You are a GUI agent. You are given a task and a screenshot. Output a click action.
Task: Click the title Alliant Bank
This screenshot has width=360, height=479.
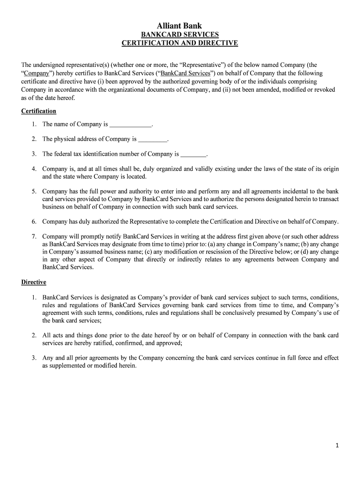pos(180,26)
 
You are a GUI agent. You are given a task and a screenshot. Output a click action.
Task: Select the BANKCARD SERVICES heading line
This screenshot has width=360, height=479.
pos(180,35)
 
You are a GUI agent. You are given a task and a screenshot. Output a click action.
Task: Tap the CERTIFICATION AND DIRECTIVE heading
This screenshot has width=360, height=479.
pos(180,43)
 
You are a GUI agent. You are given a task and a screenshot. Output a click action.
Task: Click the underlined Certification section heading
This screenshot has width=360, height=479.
pos(39,111)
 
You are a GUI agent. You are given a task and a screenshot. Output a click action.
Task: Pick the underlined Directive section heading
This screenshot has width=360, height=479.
pos(34,282)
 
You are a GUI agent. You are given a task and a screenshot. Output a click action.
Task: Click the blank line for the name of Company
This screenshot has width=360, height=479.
pos(131,125)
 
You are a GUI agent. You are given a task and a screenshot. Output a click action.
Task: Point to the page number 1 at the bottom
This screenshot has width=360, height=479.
pos(337,446)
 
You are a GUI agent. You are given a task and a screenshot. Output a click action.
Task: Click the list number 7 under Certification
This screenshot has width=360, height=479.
pos(34,237)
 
